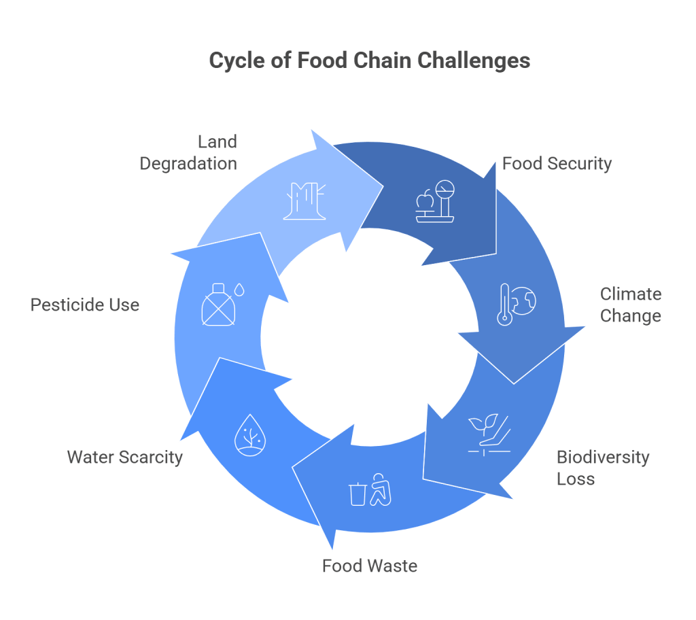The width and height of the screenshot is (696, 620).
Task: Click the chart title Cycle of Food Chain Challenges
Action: click(x=369, y=61)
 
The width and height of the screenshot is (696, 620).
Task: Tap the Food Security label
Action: click(x=557, y=164)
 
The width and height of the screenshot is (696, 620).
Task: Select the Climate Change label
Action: click(x=630, y=305)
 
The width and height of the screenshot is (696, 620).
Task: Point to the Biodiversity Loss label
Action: click(x=602, y=468)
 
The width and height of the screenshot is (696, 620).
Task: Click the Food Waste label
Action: click(x=369, y=566)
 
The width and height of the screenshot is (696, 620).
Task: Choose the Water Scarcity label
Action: click(x=124, y=457)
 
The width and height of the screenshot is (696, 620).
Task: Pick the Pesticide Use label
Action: click(x=85, y=305)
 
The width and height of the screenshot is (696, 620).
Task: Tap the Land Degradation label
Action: click(x=188, y=152)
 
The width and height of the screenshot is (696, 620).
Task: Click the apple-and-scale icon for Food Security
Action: click(x=433, y=202)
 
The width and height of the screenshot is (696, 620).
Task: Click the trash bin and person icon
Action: click(x=371, y=493)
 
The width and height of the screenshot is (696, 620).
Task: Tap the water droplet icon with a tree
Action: click(x=249, y=436)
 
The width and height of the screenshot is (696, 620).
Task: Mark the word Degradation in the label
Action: click(x=188, y=164)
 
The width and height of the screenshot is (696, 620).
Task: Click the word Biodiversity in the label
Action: click(x=602, y=457)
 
